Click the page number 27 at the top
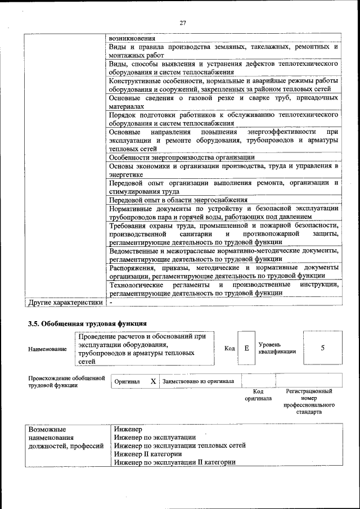(183, 23)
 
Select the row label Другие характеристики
(66, 302)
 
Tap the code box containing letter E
(246, 348)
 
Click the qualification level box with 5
(322, 348)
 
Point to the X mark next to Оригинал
(152, 381)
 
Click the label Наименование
(47, 349)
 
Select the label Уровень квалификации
(277, 348)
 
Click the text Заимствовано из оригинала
(198, 381)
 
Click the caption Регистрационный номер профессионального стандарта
(309, 401)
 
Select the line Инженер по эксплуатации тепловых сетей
(179, 445)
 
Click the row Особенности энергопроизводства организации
(182, 157)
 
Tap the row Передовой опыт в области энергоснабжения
(178, 200)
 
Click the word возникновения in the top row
(132, 38)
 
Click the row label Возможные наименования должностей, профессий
(66, 437)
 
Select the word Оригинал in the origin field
(127, 381)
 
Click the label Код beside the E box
(229, 348)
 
